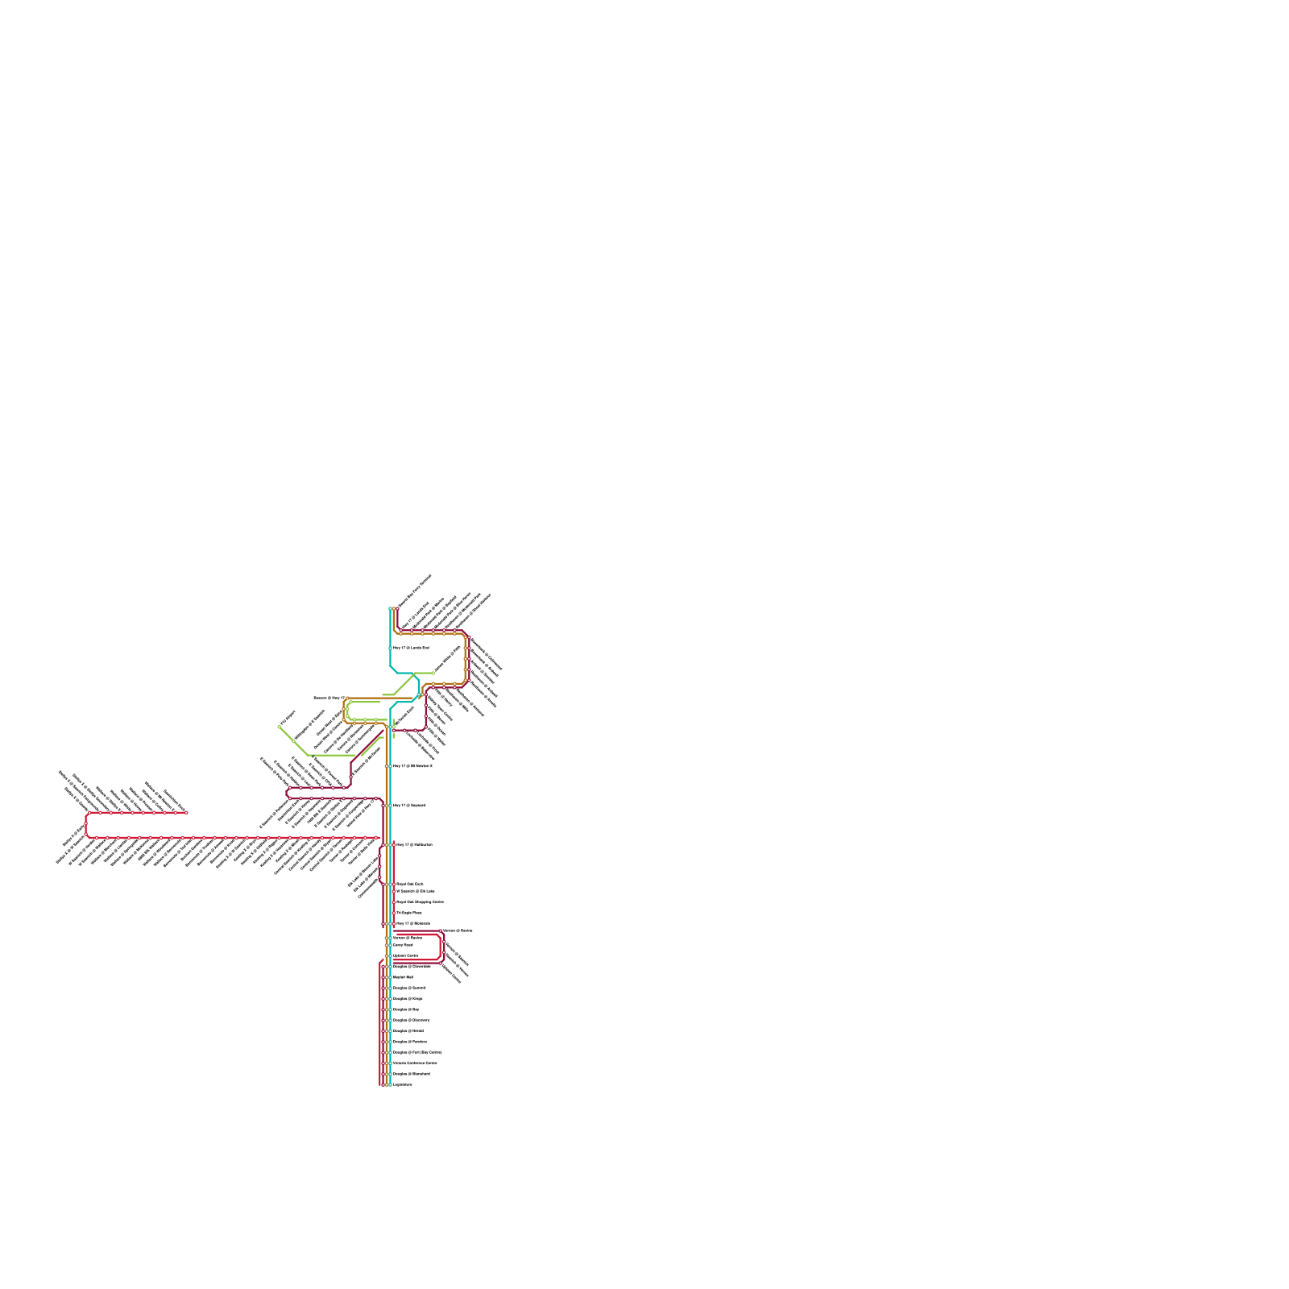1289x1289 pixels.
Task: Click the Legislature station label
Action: coord(403,1084)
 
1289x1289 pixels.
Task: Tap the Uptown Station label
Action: coord(405,955)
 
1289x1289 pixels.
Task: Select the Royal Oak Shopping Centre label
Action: coord(420,902)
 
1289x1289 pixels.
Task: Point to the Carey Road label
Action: coord(403,945)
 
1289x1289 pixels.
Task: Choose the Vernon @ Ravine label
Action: coord(458,930)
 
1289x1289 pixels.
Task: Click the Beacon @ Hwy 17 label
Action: coord(329,698)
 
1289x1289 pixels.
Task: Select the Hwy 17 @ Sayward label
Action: coord(408,805)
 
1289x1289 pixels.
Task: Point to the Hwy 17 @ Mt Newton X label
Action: coord(412,766)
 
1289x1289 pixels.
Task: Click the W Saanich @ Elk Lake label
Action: coord(416,891)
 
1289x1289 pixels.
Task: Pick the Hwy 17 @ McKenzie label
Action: coord(413,923)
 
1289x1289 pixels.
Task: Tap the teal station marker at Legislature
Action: coord(390,1084)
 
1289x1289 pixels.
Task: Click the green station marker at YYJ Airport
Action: coord(280,727)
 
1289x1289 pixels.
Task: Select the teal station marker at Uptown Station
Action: coord(390,955)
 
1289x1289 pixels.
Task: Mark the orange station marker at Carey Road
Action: coord(387,945)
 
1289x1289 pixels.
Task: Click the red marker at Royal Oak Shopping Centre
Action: coord(394,902)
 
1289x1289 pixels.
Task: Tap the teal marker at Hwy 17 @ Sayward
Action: coord(390,805)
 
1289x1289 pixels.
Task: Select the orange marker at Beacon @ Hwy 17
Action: coord(347,698)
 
